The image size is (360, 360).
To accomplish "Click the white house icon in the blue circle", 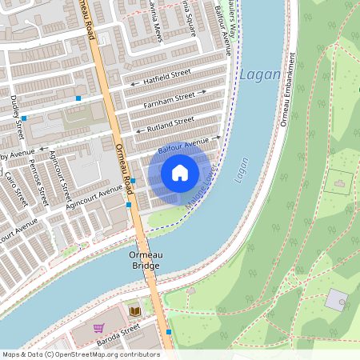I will click(180, 172).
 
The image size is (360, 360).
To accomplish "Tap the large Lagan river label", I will click(261, 75).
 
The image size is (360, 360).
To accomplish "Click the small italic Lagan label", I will click(242, 170).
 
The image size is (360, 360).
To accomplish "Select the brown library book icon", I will click(134, 310).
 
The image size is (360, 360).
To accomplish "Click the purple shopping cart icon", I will click(98, 328).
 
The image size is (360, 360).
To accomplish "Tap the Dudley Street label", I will click(16, 112).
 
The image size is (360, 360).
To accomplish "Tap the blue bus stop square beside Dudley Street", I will click(24, 118).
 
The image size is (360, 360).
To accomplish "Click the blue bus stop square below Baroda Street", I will click(169, 331).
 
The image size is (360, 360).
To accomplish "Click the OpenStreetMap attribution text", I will click(81, 354).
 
